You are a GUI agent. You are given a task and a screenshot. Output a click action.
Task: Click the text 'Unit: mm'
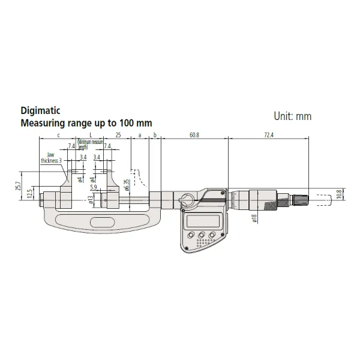[x=293, y=116]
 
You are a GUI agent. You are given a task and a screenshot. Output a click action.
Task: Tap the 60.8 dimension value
[x=194, y=136]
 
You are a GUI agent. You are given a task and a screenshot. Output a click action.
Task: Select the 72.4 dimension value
[x=268, y=136]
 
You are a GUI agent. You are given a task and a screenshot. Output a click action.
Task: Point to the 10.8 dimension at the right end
[x=339, y=196]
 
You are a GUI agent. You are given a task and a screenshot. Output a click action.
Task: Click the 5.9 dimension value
[x=94, y=187]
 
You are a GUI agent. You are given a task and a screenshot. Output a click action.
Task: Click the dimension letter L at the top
[x=90, y=136]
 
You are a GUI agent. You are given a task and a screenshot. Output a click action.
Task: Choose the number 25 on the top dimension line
[x=119, y=136]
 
